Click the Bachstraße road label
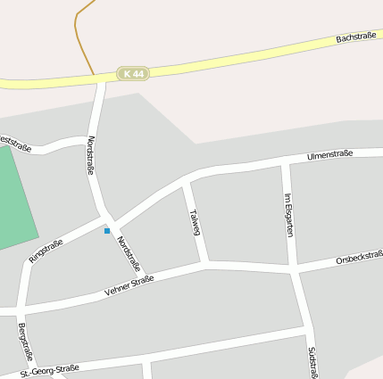(355, 37)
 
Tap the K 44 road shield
(133, 73)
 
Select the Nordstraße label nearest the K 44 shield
(91, 154)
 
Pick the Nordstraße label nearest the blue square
(129, 252)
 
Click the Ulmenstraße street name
(329, 155)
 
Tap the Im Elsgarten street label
(287, 214)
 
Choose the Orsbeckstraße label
(360, 259)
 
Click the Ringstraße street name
(46, 251)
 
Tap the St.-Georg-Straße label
(51, 370)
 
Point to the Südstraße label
(313, 362)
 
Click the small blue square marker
(107, 231)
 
